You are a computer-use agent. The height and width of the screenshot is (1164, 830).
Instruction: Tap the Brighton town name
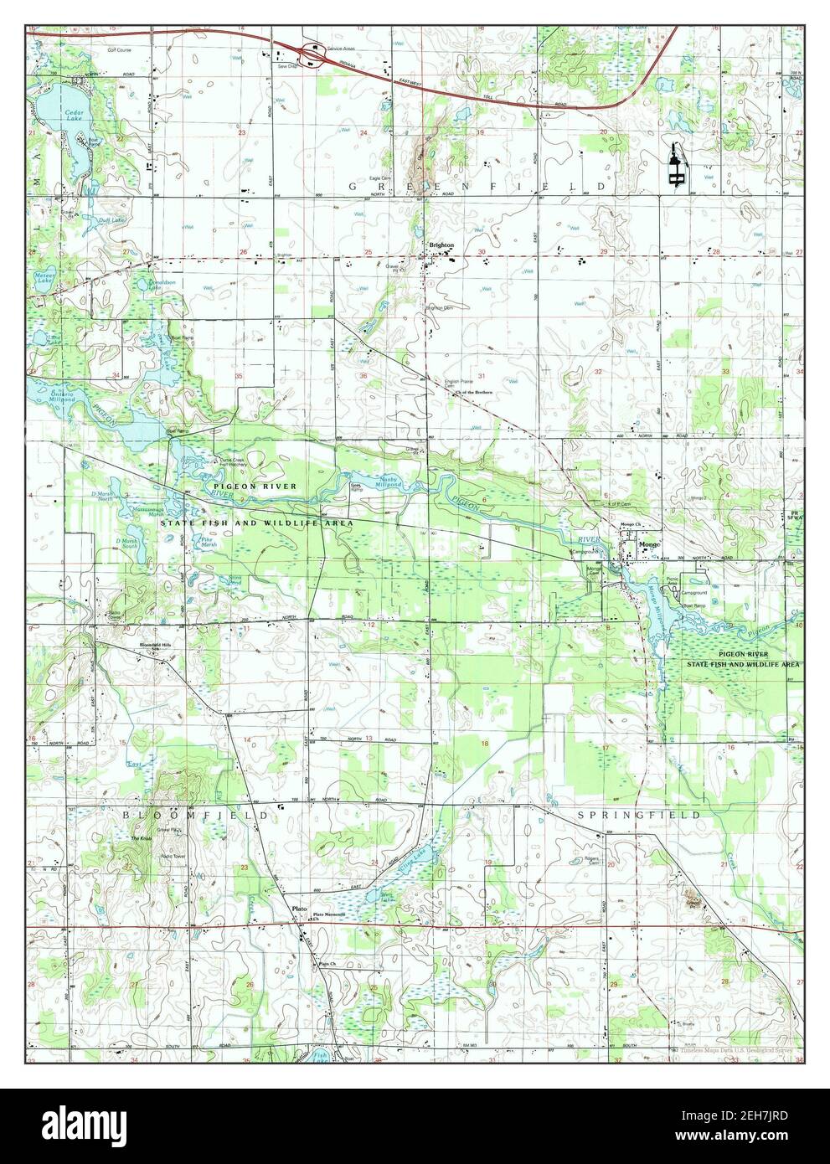tap(441, 245)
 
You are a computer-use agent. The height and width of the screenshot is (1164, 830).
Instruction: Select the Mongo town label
tap(649, 544)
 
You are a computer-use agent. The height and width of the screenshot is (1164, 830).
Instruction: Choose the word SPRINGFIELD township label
tap(638, 815)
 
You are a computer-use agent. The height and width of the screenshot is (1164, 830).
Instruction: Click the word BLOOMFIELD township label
tap(197, 815)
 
